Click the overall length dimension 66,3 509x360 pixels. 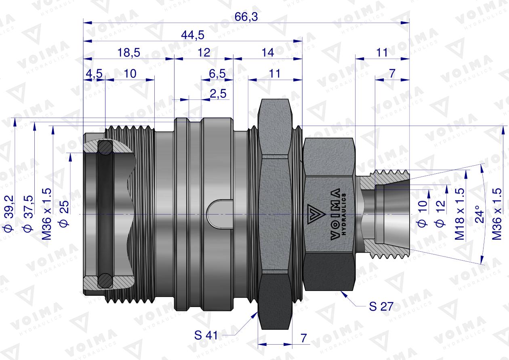246,17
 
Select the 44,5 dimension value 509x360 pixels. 192,35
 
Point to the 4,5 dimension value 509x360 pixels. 94,74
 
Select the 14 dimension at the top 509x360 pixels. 267,53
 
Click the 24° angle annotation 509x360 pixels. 478,215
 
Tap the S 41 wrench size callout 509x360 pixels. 207,335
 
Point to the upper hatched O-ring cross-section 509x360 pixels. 106,147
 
